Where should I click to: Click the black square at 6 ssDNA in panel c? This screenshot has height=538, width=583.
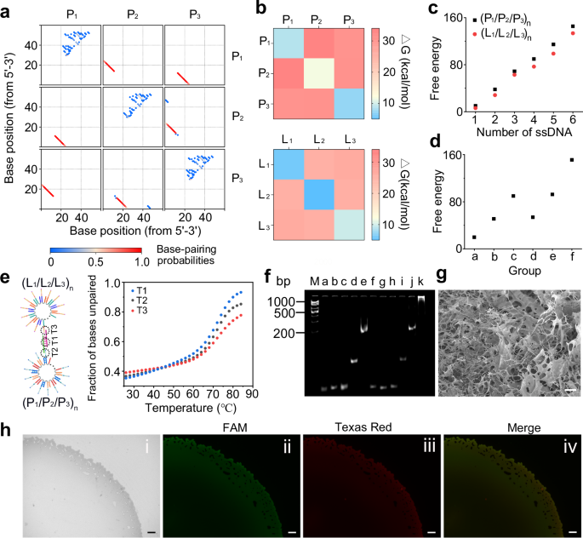[549, 26]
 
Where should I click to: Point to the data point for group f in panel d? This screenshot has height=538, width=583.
[549, 159]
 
